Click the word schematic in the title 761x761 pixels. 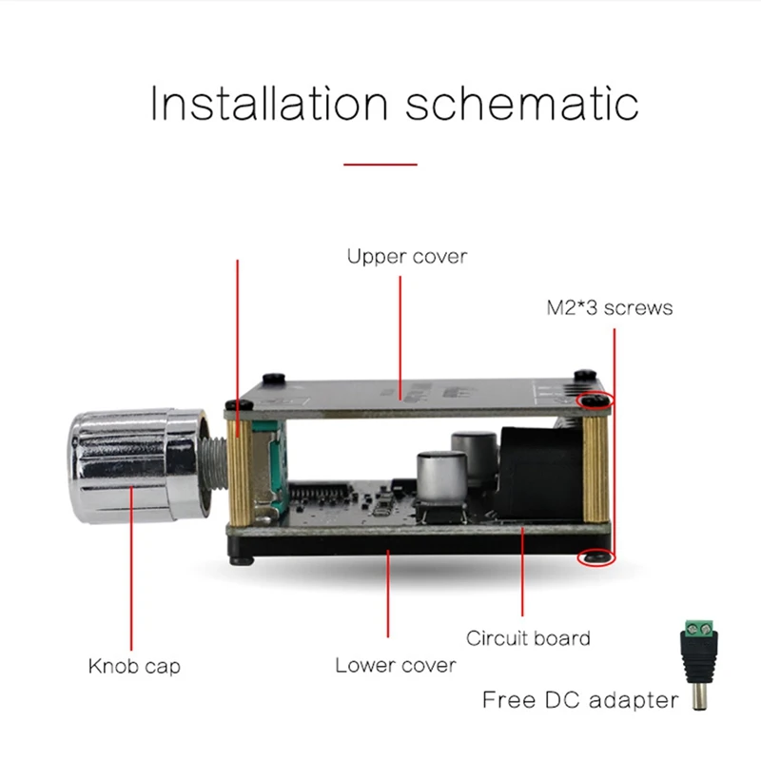click(x=521, y=103)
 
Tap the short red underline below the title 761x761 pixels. click(x=380, y=164)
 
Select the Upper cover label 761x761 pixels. click(x=406, y=256)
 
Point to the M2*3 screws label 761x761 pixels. click(x=609, y=307)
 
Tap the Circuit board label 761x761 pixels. click(x=528, y=637)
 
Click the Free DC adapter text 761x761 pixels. click(x=580, y=701)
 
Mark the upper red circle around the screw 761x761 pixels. click(x=596, y=401)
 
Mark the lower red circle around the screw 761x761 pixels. click(x=596, y=557)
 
